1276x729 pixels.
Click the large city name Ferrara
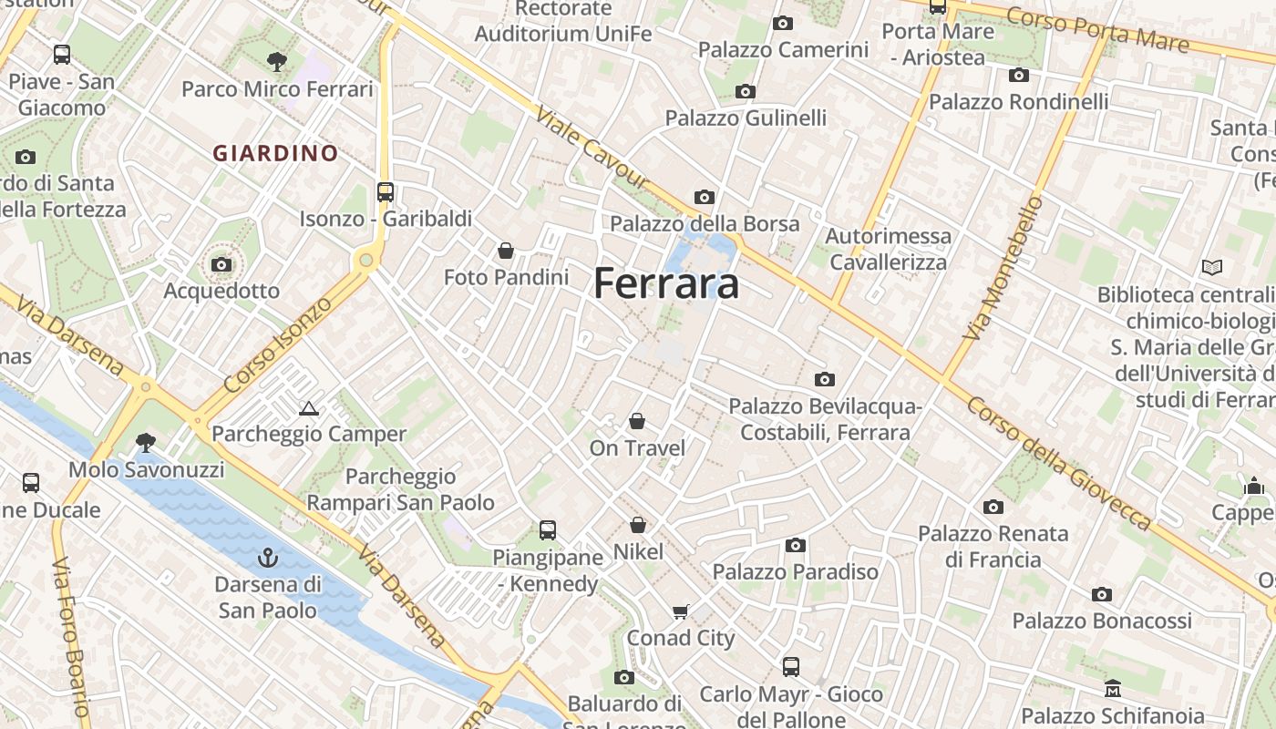(x=666, y=284)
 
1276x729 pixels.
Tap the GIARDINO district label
(x=275, y=153)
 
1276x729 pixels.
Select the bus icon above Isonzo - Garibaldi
(x=386, y=192)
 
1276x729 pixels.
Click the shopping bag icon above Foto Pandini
(x=506, y=251)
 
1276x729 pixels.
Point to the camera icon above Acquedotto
(x=221, y=265)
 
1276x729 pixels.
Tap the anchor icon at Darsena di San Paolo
(x=267, y=557)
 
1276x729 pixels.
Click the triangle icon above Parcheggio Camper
(x=308, y=408)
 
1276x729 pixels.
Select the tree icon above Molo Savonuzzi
(x=145, y=443)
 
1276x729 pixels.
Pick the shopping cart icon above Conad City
(x=681, y=611)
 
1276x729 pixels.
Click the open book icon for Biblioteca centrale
(x=1211, y=268)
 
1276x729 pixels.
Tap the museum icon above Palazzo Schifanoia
(x=1112, y=689)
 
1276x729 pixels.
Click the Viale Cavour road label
(x=592, y=148)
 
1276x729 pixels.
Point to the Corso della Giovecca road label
(x=1059, y=463)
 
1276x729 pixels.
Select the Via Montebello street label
(x=1002, y=269)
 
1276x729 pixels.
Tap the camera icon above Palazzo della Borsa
(x=704, y=197)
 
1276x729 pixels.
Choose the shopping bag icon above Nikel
(x=638, y=525)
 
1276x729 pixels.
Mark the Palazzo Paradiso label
(x=796, y=571)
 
